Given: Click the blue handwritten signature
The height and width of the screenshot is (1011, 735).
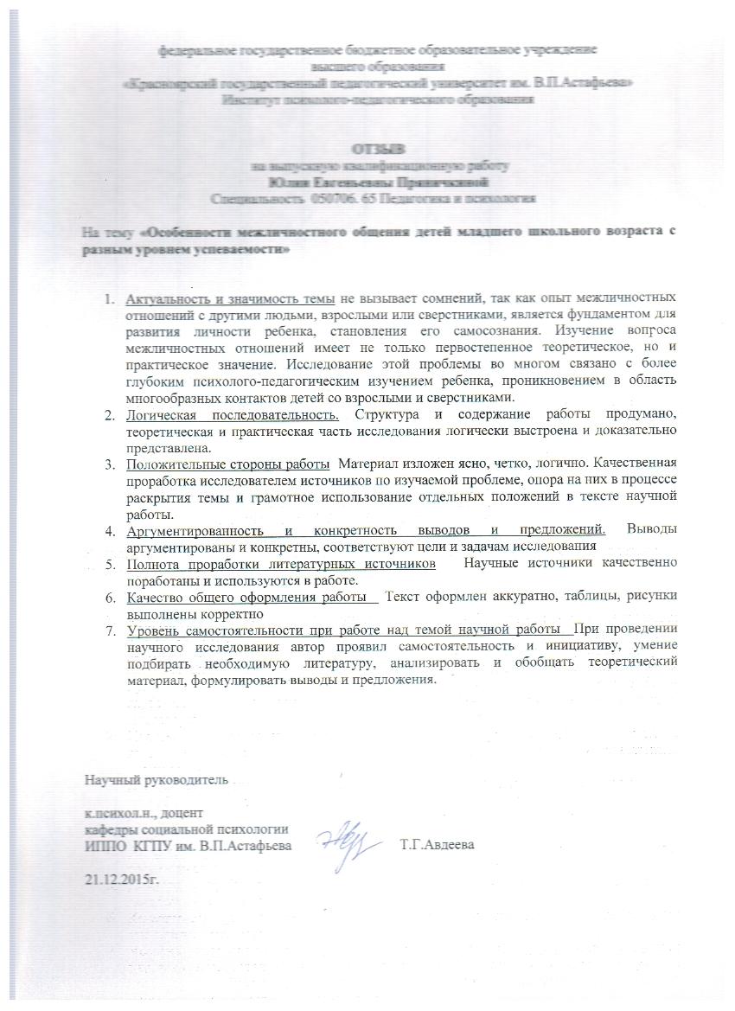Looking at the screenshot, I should click(342, 836).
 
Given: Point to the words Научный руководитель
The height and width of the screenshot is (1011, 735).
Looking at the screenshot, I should click(156, 779).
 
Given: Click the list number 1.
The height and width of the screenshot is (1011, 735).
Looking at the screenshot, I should click(110, 299).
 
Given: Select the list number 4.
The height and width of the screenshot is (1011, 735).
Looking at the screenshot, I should click(110, 529).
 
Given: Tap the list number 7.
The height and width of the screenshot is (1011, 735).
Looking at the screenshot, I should click(110, 629).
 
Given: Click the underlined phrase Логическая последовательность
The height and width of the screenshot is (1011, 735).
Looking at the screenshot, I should click(233, 414).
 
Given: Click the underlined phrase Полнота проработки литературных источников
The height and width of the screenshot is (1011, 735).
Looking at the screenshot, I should click(282, 563).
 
